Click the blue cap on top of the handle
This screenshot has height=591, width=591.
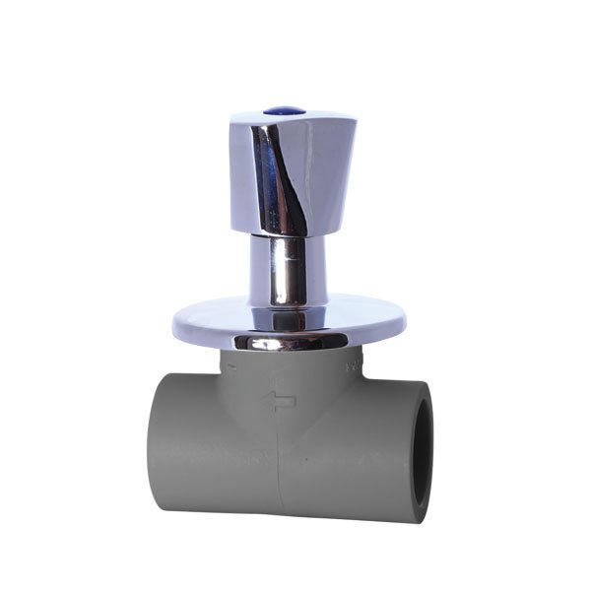pos(293,115)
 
